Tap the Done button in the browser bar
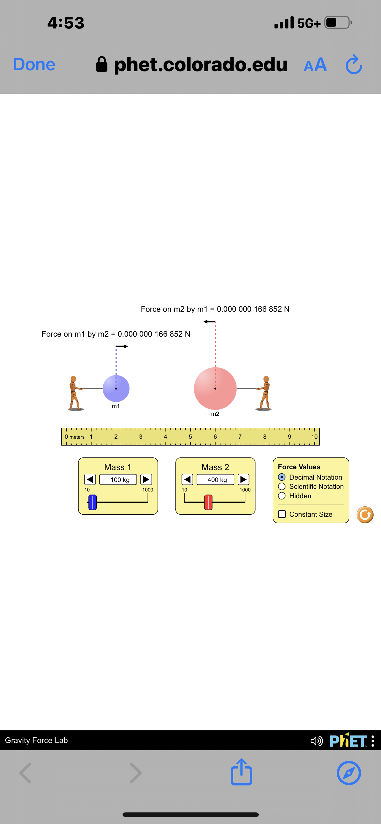point(34,64)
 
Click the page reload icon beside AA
point(354,65)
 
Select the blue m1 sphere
point(116,389)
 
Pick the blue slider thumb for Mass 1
point(93,502)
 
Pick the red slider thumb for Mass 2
point(208,502)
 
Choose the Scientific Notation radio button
point(282,486)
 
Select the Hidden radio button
point(282,496)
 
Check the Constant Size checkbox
point(282,514)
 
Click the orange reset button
point(365,515)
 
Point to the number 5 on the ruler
point(190,437)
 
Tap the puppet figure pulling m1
point(75,393)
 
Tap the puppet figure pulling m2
point(264,393)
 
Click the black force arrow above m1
point(122,346)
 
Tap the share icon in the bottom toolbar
point(242,772)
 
